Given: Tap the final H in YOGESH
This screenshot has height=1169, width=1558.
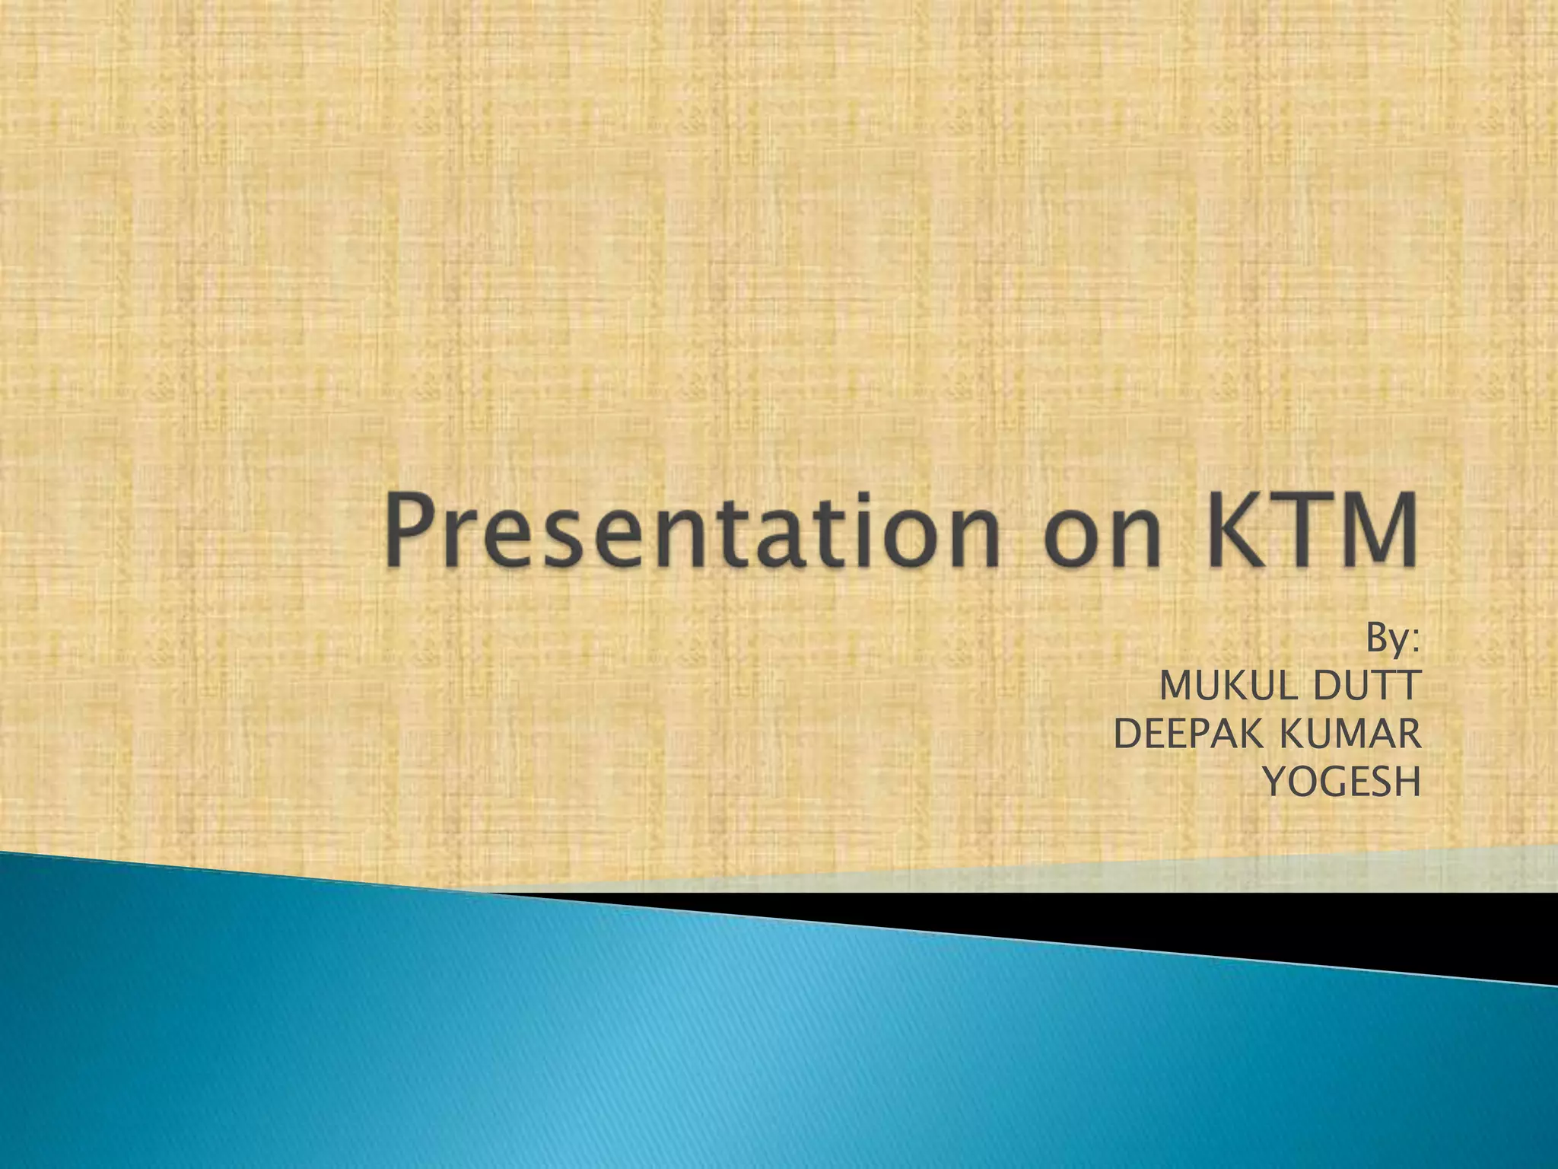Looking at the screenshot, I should [x=1406, y=782].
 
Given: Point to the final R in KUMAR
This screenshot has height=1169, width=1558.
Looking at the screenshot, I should [x=1407, y=734].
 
